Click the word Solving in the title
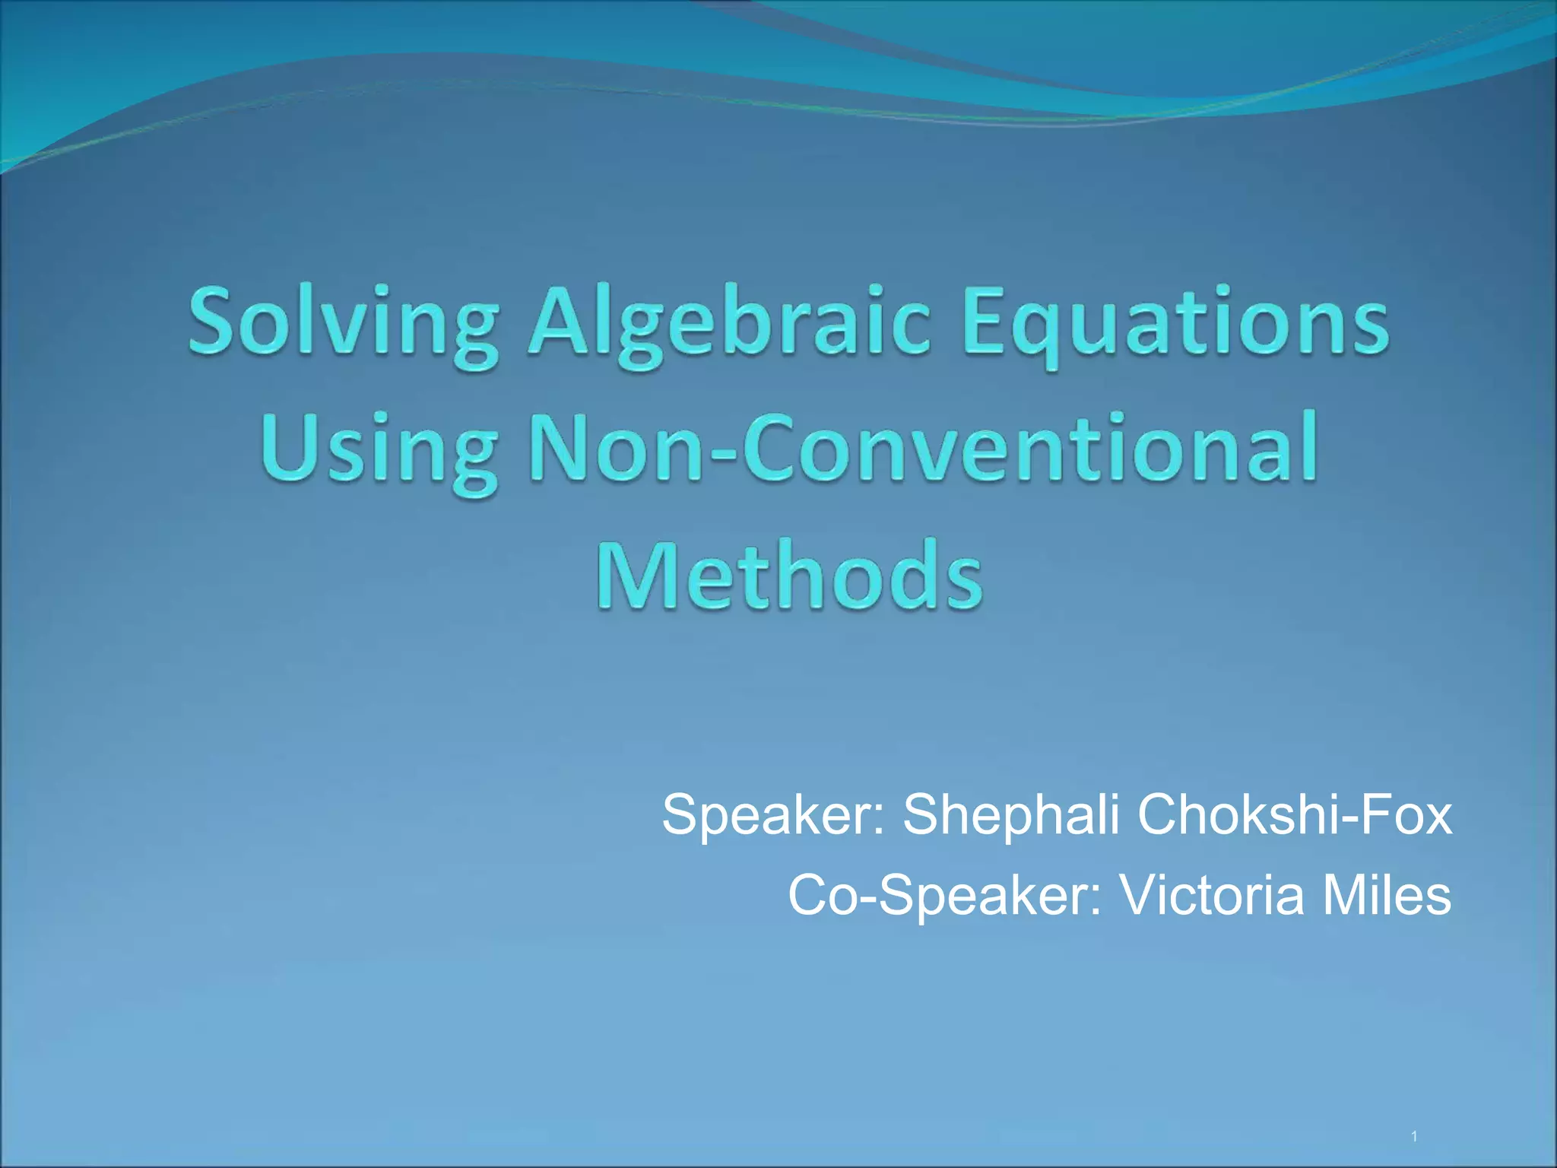click(342, 323)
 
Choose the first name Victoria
click(1213, 895)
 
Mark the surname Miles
click(1387, 895)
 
